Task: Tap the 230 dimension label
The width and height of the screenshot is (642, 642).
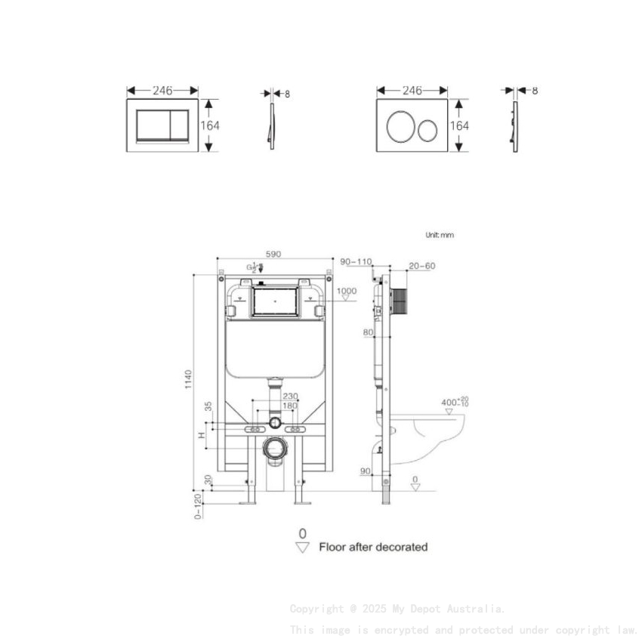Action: pos(290,396)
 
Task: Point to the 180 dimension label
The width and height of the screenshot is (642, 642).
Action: pos(290,406)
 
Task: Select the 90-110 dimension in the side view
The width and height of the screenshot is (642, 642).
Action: pos(356,262)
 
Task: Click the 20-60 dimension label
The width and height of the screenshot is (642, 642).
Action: pos(421,266)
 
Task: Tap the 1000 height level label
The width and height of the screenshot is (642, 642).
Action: pos(347,291)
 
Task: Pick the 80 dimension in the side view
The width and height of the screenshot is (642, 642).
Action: pos(368,332)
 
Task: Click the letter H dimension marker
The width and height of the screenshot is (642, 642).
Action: pos(201,435)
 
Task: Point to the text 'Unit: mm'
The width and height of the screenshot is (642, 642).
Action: pos(440,235)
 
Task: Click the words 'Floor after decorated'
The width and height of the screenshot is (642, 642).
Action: pos(373,547)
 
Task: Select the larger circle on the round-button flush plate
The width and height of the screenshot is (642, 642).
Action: pos(400,126)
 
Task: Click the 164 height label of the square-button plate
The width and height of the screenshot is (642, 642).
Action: pos(210,125)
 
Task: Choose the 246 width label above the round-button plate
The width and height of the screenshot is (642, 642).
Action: pos(412,91)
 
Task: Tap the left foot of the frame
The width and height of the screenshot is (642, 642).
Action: pos(248,498)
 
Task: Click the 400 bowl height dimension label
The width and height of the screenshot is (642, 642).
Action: pos(455,402)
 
